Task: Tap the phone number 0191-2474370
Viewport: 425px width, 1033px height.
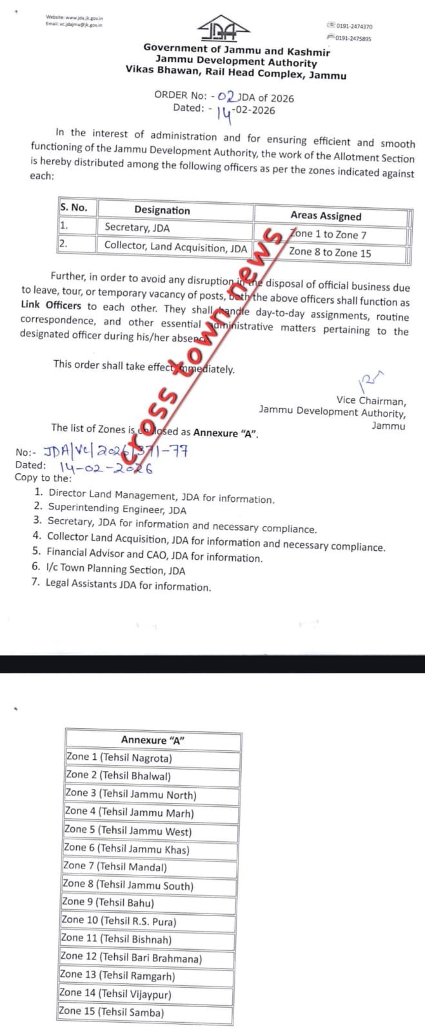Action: pyautogui.click(x=353, y=26)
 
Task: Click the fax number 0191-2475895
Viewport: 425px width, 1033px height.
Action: pyautogui.click(x=353, y=39)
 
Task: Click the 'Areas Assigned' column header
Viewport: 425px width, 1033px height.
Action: pyautogui.click(x=326, y=216)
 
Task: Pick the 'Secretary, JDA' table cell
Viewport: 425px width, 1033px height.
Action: pyautogui.click(x=137, y=227)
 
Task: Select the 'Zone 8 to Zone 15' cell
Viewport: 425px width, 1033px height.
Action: pyautogui.click(x=330, y=252)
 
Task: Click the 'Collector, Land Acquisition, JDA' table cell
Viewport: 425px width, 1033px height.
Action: pyautogui.click(x=175, y=247)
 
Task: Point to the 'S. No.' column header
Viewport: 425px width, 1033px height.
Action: pyautogui.click(x=74, y=208)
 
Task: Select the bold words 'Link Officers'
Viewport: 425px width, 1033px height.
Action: pyautogui.click(x=51, y=305)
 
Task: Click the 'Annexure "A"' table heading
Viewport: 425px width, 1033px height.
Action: pyautogui.click(x=153, y=741)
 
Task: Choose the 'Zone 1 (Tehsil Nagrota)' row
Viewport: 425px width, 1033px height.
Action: pyautogui.click(x=119, y=758)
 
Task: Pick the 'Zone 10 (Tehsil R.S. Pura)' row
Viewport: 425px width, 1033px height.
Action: pyautogui.click(x=118, y=921)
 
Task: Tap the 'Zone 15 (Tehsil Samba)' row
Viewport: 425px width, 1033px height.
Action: pyautogui.click(x=111, y=1012)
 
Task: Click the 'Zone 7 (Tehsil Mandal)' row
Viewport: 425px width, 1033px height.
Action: pyautogui.click(x=115, y=867)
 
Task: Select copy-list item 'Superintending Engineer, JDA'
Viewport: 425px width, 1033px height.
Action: pyautogui.click(x=117, y=509)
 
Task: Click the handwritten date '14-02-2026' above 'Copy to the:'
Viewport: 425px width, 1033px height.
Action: pyautogui.click(x=106, y=467)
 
